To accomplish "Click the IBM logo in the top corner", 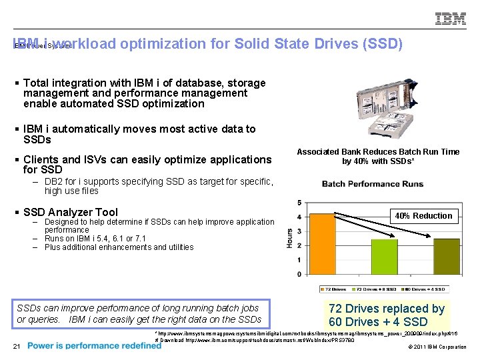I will [x=451, y=18].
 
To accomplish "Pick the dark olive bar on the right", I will [x=447, y=257].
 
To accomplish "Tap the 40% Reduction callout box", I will [x=423, y=215].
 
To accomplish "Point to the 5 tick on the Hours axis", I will [x=299, y=203].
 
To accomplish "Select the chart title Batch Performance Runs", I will [x=372, y=184].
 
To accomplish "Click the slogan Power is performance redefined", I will [x=94, y=346].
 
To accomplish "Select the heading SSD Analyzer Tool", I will [x=70, y=213].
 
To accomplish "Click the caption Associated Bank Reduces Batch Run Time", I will [x=378, y=152].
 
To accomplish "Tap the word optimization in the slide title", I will [x=175, y=44].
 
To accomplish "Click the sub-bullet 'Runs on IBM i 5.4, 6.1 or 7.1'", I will [x=95, y=239].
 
